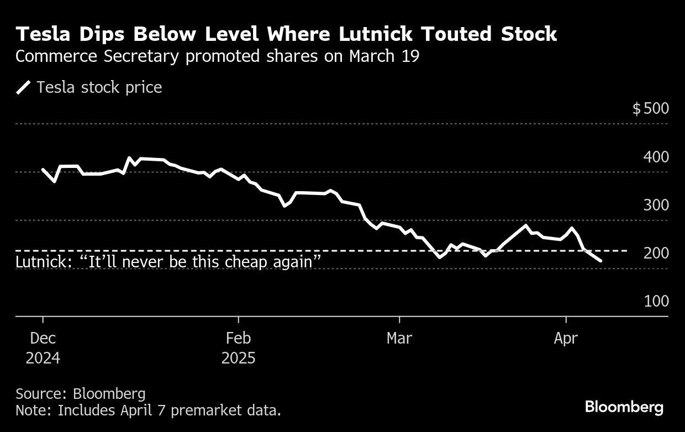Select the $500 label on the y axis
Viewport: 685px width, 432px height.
[650, 108]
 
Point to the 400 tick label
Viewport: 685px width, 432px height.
[656, 157]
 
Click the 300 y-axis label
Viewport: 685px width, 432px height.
[656, 205]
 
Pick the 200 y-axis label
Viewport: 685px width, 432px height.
[656, 254]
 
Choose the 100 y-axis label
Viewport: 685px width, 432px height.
[656, 302]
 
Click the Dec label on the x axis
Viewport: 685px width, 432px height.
[43, 338]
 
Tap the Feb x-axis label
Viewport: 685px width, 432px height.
[238, 338]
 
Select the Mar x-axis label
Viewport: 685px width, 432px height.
[399, 338]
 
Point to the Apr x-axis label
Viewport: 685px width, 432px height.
[566, 338]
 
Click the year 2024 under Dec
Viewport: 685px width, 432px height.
[43, 358]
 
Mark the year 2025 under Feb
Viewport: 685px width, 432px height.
[238, 358]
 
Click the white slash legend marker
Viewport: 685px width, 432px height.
[24, 88]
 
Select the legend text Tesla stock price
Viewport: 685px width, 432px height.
[99, 88]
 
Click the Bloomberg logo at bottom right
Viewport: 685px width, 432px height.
[624, 407]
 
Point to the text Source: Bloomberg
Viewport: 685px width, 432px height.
[81, 393]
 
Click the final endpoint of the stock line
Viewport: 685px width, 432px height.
[601, 261]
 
